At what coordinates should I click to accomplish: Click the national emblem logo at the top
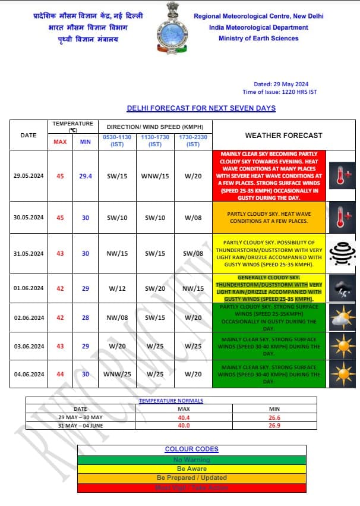tap(172, 30)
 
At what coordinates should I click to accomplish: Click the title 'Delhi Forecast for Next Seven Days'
tap(201, 108)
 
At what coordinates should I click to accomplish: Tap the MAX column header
tap(61, 142)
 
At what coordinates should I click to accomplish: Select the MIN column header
tap(86, 142)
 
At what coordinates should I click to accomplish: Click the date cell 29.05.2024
tap(29, 175)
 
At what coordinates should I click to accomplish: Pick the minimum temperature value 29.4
tap(86, 175)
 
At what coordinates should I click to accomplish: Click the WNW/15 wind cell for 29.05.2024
tap(155, 175)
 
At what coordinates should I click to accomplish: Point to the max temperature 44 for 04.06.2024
tap(61, 374)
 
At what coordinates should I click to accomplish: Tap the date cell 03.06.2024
tap(29, 345)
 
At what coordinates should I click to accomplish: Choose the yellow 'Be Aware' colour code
tap(191, 469)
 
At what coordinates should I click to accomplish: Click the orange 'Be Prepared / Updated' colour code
tap(191, 477)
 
